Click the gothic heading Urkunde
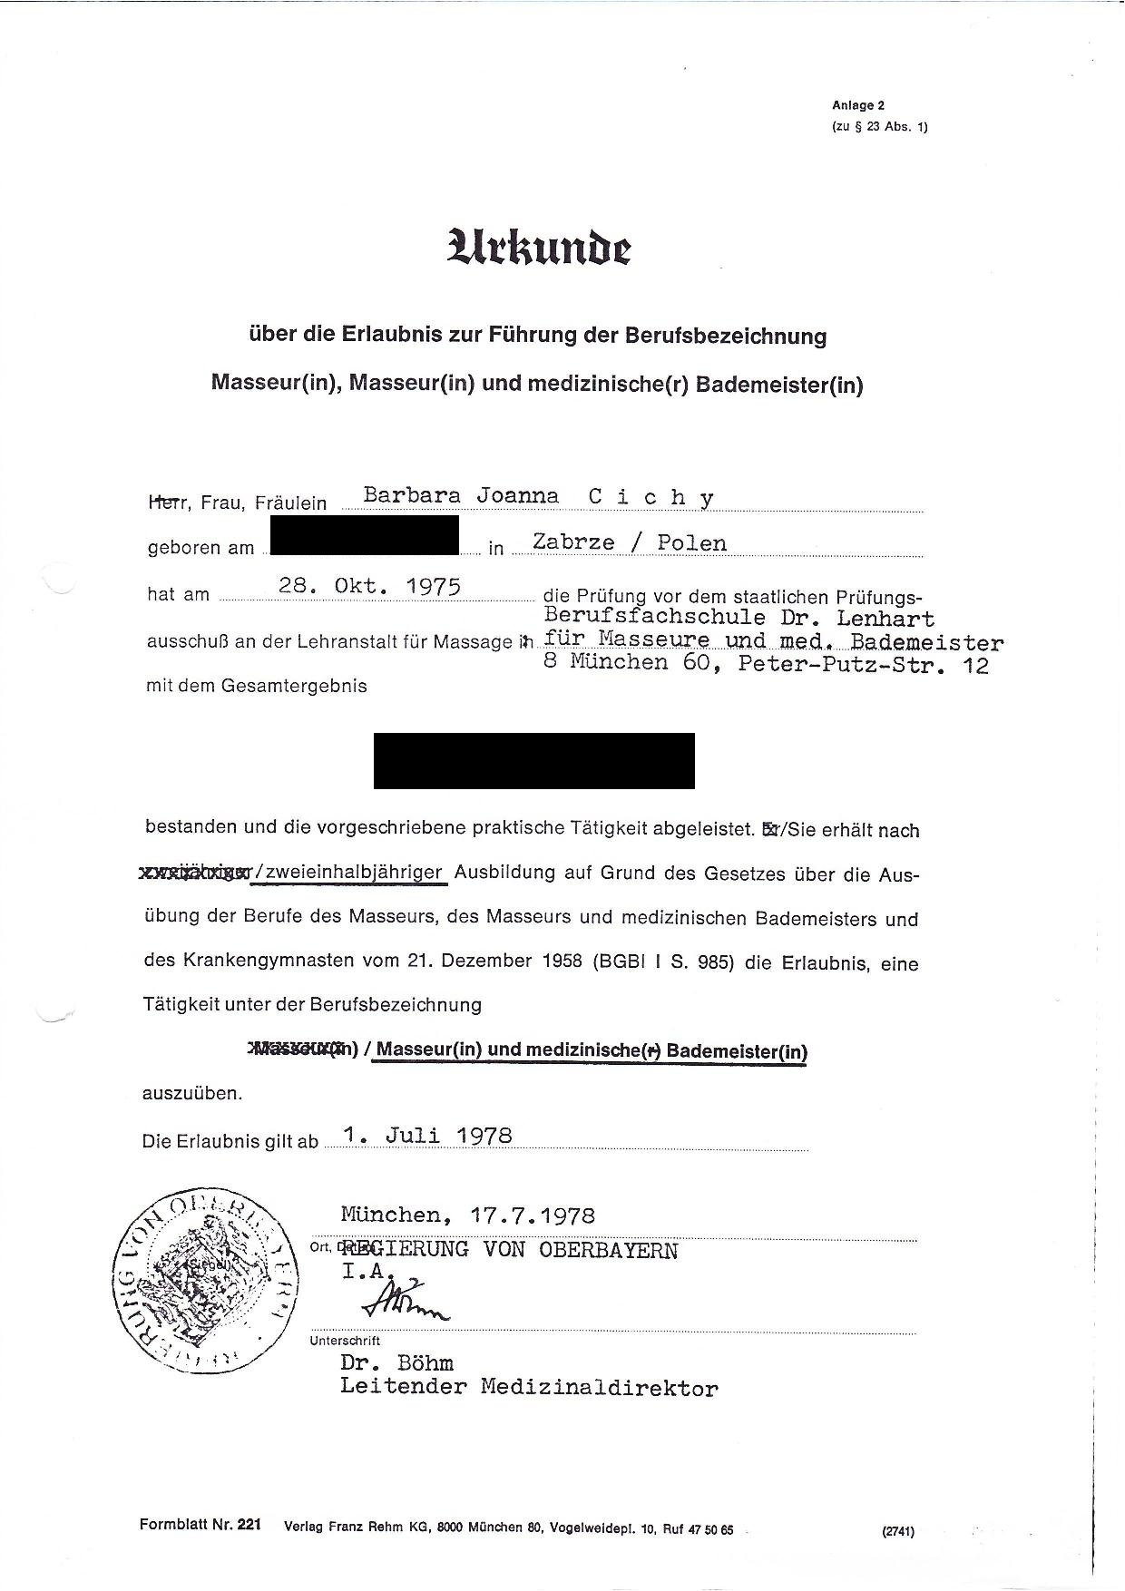click(538, 247)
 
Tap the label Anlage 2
click(858, 105)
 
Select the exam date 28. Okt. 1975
click(370, 586)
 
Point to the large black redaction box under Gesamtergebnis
click(533, 760)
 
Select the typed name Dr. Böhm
click(396, 1362)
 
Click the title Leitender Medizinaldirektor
click(529, 1387)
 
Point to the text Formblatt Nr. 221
click(200, 1525)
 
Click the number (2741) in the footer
click(897, 1531)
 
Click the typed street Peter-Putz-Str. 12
click(863, 665)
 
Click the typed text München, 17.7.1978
click(468, 1215)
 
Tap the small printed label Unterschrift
click(345, 1340)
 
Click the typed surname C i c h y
click(651, 497)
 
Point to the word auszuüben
click(192, 1093)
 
